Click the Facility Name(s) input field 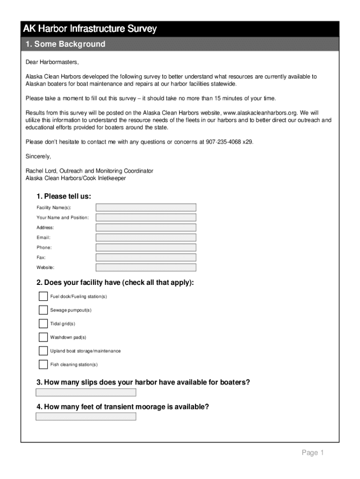[146, 208]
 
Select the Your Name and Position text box [146, 218]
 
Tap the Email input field [146, 238]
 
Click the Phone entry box [146, 247]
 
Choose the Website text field [146, 268]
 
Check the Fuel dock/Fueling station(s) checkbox [43, 297]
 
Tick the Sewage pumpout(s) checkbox [43, 310]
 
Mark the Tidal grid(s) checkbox [43, 324]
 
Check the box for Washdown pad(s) [43, 337]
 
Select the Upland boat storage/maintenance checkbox [43, 351]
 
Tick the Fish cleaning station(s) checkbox [43, 364]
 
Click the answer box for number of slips [86, 392]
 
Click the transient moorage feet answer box [86, 416]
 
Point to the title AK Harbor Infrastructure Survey [90, 29]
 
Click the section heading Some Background [65, 44]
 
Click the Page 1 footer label [312, 452]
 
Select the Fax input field [146, 258]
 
